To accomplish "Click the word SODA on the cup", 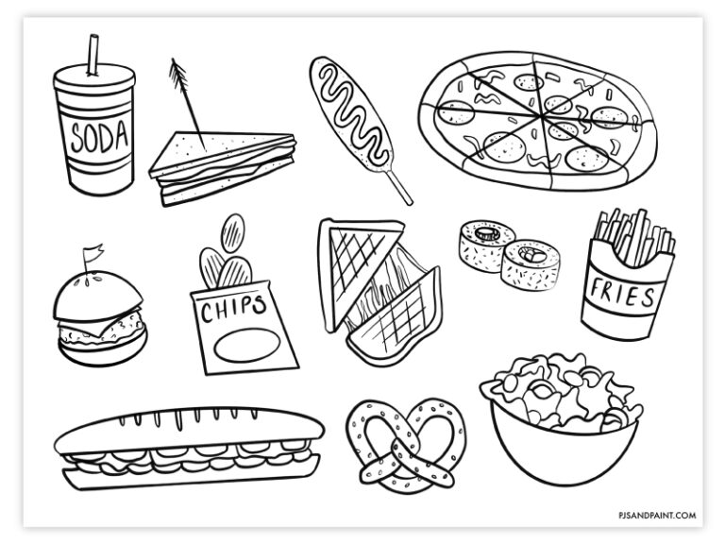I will [x=96, y=138].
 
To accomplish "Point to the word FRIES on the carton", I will [x=621, y=297].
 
